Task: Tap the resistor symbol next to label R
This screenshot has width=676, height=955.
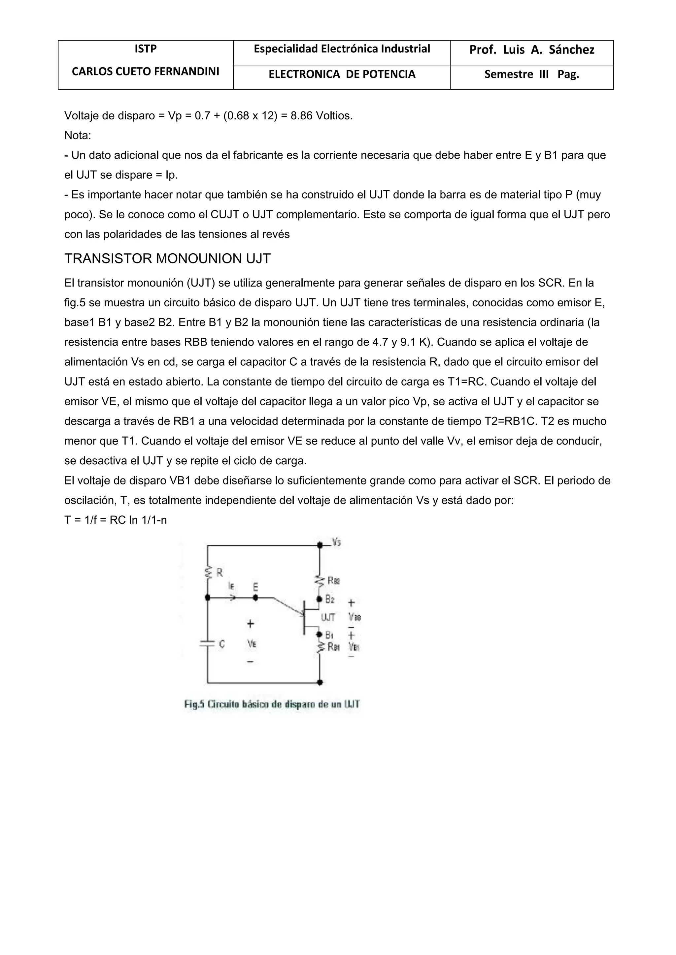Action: click(x=207, y=573)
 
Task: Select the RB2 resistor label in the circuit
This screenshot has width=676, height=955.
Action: click(x=334, y=580)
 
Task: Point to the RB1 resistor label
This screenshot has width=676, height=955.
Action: click(x=334, y=647)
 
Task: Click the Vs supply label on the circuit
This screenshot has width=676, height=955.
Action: click(x=336, y=542)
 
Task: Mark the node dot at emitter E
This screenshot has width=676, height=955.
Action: click(x=255, y=598)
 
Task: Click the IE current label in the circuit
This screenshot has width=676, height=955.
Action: click(x=231, y=586)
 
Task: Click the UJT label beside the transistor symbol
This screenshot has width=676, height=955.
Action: click(x=328, y=618)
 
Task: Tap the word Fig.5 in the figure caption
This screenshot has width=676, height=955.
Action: click(x=194, y=705)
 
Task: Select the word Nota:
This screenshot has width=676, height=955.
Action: click(x=78, y=135)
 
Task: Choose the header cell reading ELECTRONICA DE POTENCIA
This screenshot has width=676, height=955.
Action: click(x=342, y=75)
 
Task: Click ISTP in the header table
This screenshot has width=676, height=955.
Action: click(x=145, y=49)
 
